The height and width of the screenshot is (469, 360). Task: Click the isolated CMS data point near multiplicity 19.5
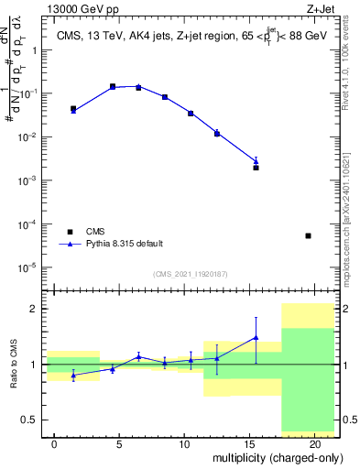pos(308,235)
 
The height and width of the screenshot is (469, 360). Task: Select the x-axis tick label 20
pos(314,443)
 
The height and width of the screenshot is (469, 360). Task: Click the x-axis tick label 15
pos(249,443)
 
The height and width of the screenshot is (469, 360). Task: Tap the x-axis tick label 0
pos(54,443)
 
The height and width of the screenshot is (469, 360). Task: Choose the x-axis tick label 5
pos(119,443)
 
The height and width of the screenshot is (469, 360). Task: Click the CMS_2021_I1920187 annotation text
pos(191,273)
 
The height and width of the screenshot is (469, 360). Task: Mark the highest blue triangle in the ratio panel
pos(256,337)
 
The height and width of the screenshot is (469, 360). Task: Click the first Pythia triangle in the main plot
pos(73,110)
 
